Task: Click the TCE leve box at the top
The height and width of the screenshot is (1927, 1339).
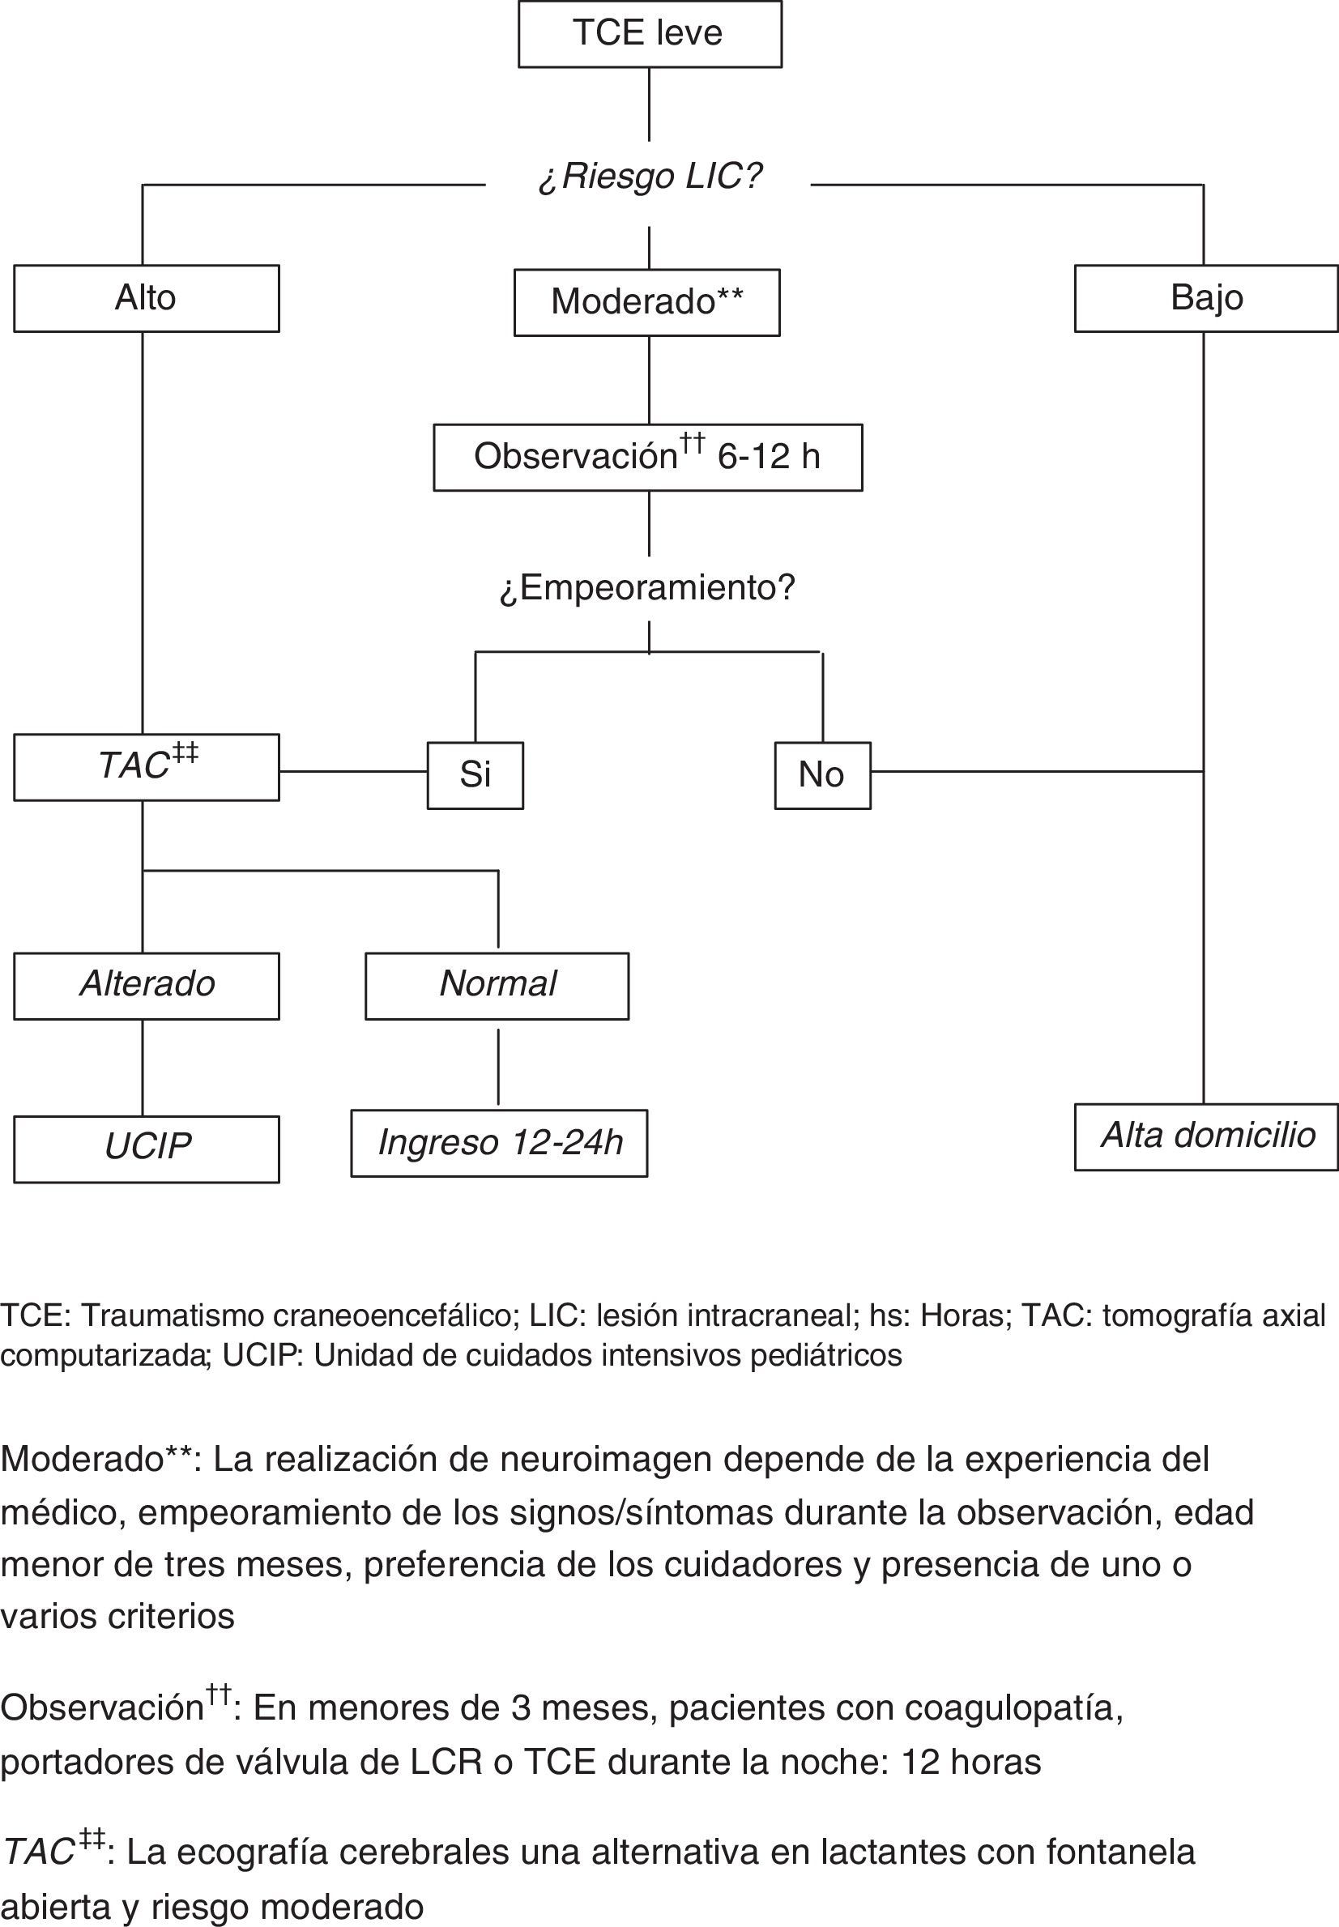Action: point(650,34)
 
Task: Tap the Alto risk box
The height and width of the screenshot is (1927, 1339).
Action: point(146,299)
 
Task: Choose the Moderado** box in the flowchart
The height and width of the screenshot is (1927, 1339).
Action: point(647,302)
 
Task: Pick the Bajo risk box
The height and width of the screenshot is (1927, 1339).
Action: point(1205,299)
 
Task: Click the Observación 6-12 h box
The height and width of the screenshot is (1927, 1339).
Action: point(647,457)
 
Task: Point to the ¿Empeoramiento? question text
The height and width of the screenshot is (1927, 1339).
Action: point(647,588)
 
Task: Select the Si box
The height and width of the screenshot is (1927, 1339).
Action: point(475,775)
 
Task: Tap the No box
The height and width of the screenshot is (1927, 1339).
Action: point(822,775)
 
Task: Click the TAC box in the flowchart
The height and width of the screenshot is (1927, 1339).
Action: point(146,767)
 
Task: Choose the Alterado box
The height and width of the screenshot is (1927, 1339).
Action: point(146,986)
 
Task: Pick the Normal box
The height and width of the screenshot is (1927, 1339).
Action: point(497,986)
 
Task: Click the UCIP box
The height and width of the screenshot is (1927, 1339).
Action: point(146,1149)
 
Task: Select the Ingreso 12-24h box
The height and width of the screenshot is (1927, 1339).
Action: point(499,1144)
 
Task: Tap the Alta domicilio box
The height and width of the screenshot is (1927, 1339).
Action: point(1206,1136)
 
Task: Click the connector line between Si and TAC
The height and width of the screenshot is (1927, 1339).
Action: point(352,771)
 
